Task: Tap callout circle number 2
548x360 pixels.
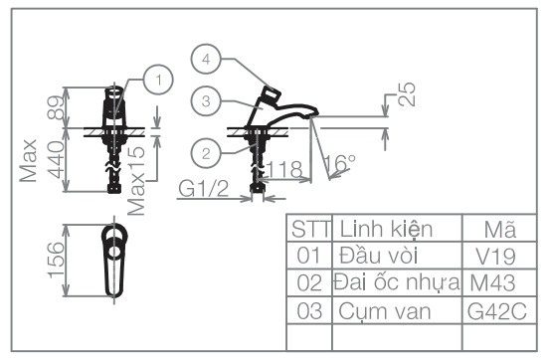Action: tap(206, 152)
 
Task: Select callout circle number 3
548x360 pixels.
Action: tap(206, 100)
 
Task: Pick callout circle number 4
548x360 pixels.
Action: tap(206, 60)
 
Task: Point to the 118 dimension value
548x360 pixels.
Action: tap(286, 171)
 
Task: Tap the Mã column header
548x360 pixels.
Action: tap(499, 228)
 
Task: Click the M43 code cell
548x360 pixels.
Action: tap(499, 282)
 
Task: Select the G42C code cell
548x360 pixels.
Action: tap(499, 310)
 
